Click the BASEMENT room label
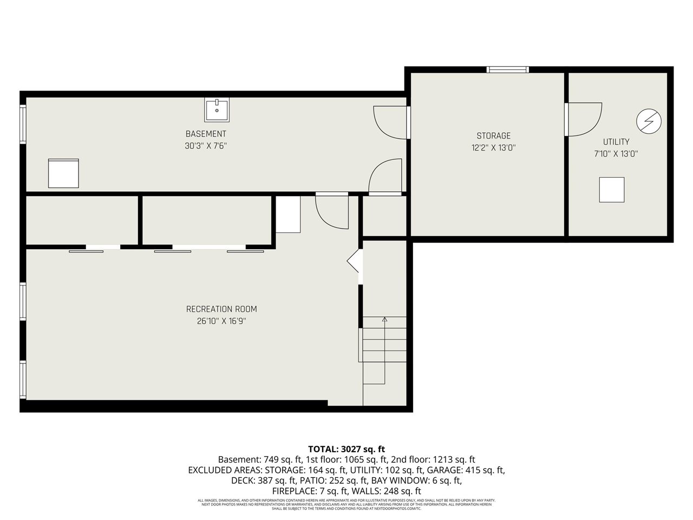point(206,134)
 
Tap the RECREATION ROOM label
point(221,309)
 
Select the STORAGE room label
point(493,136)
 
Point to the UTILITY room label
point(616,142)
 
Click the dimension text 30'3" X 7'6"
point(206,146)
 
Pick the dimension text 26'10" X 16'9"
point(221,321)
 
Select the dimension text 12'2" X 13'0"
point(493,147)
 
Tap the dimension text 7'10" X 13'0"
point(616,154)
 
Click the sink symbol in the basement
point(217,110)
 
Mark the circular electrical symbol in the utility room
point(649,121)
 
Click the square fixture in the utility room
point(612,190)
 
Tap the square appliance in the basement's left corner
point(63,173)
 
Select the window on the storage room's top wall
point(507,69)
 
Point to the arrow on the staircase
point(384,320)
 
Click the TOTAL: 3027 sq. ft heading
point(346,449)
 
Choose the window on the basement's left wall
point(23,124)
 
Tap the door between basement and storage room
point(391,122)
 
